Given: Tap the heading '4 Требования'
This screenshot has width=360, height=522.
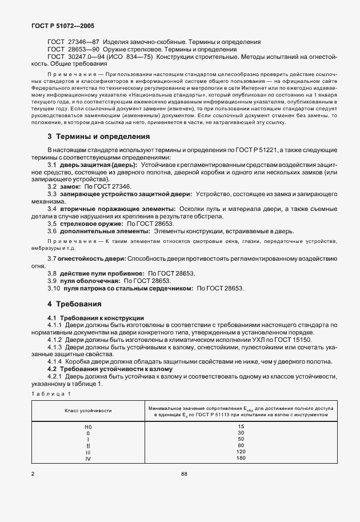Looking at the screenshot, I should click(74, 304).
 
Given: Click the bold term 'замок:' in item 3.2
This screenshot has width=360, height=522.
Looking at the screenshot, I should click(70, 187).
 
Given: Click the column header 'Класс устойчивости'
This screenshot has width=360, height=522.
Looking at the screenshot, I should click(87, 411).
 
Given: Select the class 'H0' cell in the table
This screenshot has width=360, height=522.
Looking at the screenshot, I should click(87, 427).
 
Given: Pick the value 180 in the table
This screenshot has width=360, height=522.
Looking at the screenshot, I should click(241, 458).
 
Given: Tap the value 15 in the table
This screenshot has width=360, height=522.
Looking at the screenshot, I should click(241, 427).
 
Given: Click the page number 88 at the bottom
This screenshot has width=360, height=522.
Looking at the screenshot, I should click(184, 473).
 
